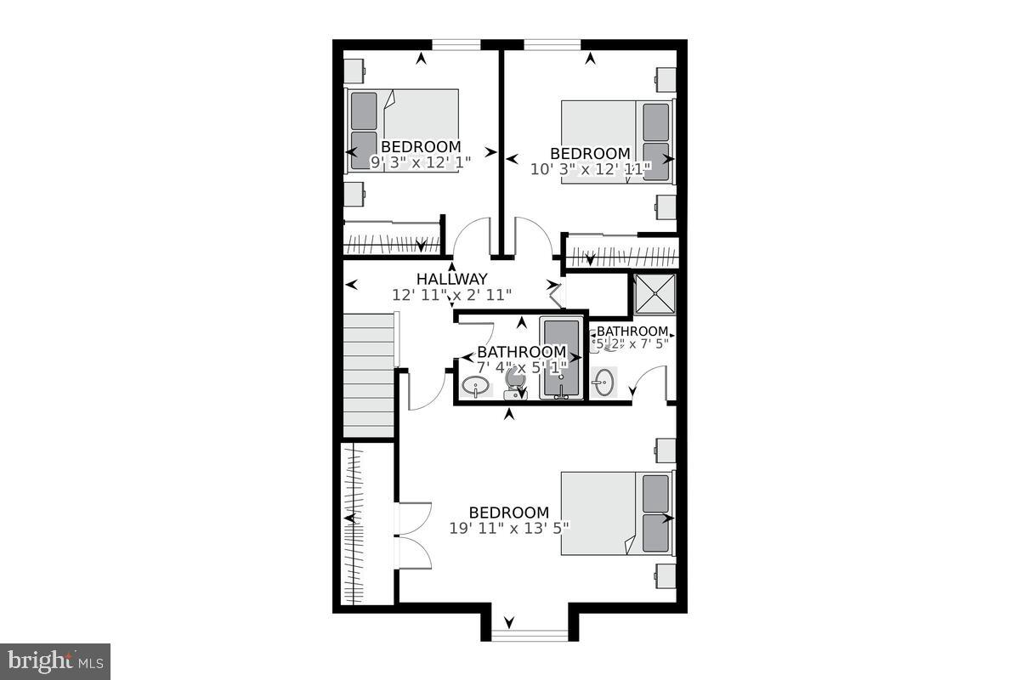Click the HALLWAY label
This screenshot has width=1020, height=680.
451,279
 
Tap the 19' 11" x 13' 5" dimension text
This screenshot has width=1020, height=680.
509,528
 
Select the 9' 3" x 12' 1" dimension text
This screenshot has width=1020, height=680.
421,162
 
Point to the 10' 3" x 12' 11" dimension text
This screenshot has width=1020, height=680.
590,169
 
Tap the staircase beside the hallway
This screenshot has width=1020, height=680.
371,374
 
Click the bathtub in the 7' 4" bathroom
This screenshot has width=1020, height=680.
561,357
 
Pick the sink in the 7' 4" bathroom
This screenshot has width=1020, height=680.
475,387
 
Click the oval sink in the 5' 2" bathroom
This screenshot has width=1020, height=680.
603,382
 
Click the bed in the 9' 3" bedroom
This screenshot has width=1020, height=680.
404,130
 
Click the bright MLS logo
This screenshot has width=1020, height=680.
55,660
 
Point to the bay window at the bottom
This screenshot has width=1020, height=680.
530,635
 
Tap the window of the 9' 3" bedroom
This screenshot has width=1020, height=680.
457,44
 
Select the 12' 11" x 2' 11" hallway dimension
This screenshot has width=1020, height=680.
451,295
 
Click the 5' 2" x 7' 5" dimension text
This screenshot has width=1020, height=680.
632,343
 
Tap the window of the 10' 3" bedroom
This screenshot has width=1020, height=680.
552,44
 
